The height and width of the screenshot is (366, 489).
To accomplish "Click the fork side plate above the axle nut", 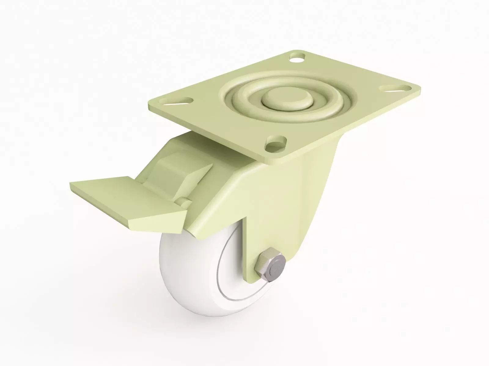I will (275, 213).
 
